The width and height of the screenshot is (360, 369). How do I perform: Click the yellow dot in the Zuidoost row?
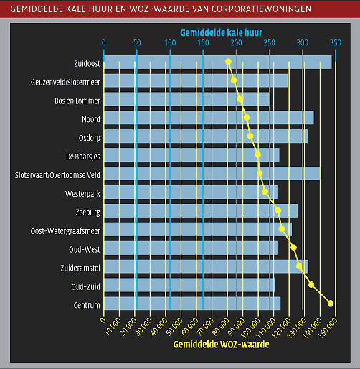(228, 62)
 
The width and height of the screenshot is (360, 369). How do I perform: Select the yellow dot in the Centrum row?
(331, 303)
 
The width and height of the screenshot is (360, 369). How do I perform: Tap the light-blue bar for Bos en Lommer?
(187, 99)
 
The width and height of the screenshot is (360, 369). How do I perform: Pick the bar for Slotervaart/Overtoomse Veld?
(212, 173)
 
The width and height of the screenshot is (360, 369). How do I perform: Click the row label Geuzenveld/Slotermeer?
(65, 83)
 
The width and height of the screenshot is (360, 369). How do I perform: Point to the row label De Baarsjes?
(83, 157)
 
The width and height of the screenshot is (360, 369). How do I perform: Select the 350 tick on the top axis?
(336, 43)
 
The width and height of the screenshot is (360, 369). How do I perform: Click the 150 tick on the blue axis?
(203, 43)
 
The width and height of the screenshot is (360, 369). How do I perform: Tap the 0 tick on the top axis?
(103, 43)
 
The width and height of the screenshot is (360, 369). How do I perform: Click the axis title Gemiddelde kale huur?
(222, 32)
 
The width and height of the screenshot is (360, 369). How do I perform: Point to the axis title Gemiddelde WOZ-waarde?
(221, 345)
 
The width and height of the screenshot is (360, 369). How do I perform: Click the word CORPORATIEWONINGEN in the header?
(261, 9)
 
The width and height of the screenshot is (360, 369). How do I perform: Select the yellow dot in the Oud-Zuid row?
(311, 284)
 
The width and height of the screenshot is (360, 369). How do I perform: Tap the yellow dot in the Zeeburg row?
(278, 210)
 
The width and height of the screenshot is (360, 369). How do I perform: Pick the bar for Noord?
(209, 118)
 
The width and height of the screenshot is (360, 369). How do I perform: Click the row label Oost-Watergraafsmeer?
(65, 231)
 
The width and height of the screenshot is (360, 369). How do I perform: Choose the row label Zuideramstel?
(80, 268)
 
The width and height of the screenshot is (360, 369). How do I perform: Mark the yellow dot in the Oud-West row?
(293, 248)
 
